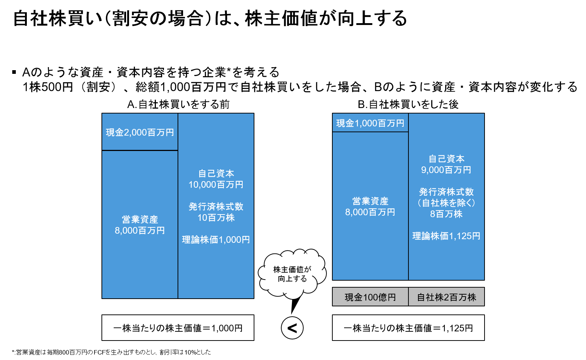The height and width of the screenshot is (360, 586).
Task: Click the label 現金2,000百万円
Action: point(140,132)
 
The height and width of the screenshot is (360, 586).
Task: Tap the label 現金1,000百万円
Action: point(370,123)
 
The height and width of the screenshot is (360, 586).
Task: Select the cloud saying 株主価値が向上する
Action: point(292,274)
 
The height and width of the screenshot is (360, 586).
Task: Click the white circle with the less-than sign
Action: point(292,328)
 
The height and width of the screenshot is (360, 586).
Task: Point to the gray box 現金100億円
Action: point(370,297)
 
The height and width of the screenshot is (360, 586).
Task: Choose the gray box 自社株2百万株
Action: point(446,297)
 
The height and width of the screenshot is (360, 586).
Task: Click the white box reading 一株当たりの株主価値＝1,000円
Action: point(178,328)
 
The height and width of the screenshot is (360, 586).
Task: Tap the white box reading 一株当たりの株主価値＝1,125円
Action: point(408,328)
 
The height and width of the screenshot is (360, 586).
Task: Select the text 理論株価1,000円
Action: point(216,240)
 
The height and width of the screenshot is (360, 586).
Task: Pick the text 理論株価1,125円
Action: point(446,236)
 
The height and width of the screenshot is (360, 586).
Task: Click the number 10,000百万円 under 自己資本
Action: point(216,185)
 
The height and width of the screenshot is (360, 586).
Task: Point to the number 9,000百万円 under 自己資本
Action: point(446,170)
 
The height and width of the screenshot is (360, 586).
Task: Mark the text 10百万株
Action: point(216,218)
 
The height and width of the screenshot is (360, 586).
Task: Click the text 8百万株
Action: point(446,214)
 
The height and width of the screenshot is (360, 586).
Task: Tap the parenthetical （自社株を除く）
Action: point(446,203)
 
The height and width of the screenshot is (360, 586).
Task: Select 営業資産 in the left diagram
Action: point(140,220)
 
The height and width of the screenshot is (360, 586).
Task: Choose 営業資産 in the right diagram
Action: point(370,201)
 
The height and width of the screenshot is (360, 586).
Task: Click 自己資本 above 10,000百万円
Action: point(216,173)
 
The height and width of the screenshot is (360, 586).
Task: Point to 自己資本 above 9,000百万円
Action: point(446,159)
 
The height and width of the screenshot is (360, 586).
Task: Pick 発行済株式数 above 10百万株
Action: point(216,207)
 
